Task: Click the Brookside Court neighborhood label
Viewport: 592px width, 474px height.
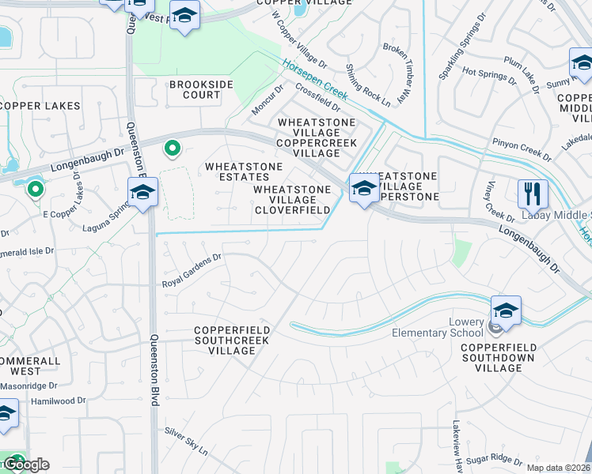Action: [x=194, y=89]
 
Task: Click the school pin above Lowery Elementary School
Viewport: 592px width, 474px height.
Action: [x=506, y=310]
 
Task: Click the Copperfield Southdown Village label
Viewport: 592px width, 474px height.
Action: [x=499, y=357]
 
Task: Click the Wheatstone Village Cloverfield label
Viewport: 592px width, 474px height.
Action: [x=292, y=200]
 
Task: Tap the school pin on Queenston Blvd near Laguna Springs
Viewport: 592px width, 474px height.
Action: [x=143, y=192]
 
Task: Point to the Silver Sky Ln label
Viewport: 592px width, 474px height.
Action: [x=185, y=442]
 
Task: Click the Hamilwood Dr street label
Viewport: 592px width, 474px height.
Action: [x=58, y=401]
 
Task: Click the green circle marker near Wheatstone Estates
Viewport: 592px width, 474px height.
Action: [x=172, y=149]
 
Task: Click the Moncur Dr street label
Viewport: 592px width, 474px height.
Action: [x=268, y=100]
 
